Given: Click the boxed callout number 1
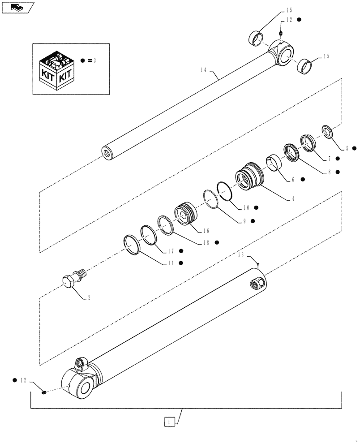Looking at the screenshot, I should click(x=169, y=422).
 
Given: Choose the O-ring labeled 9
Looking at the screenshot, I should click(x=210, y=197).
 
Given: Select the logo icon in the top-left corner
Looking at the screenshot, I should click(x=17, y=7).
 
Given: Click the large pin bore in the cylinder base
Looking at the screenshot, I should click(x=85, y=384).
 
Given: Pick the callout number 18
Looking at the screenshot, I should click(x=206, y=242).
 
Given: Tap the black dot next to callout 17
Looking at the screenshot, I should click(x=181, y=251).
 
